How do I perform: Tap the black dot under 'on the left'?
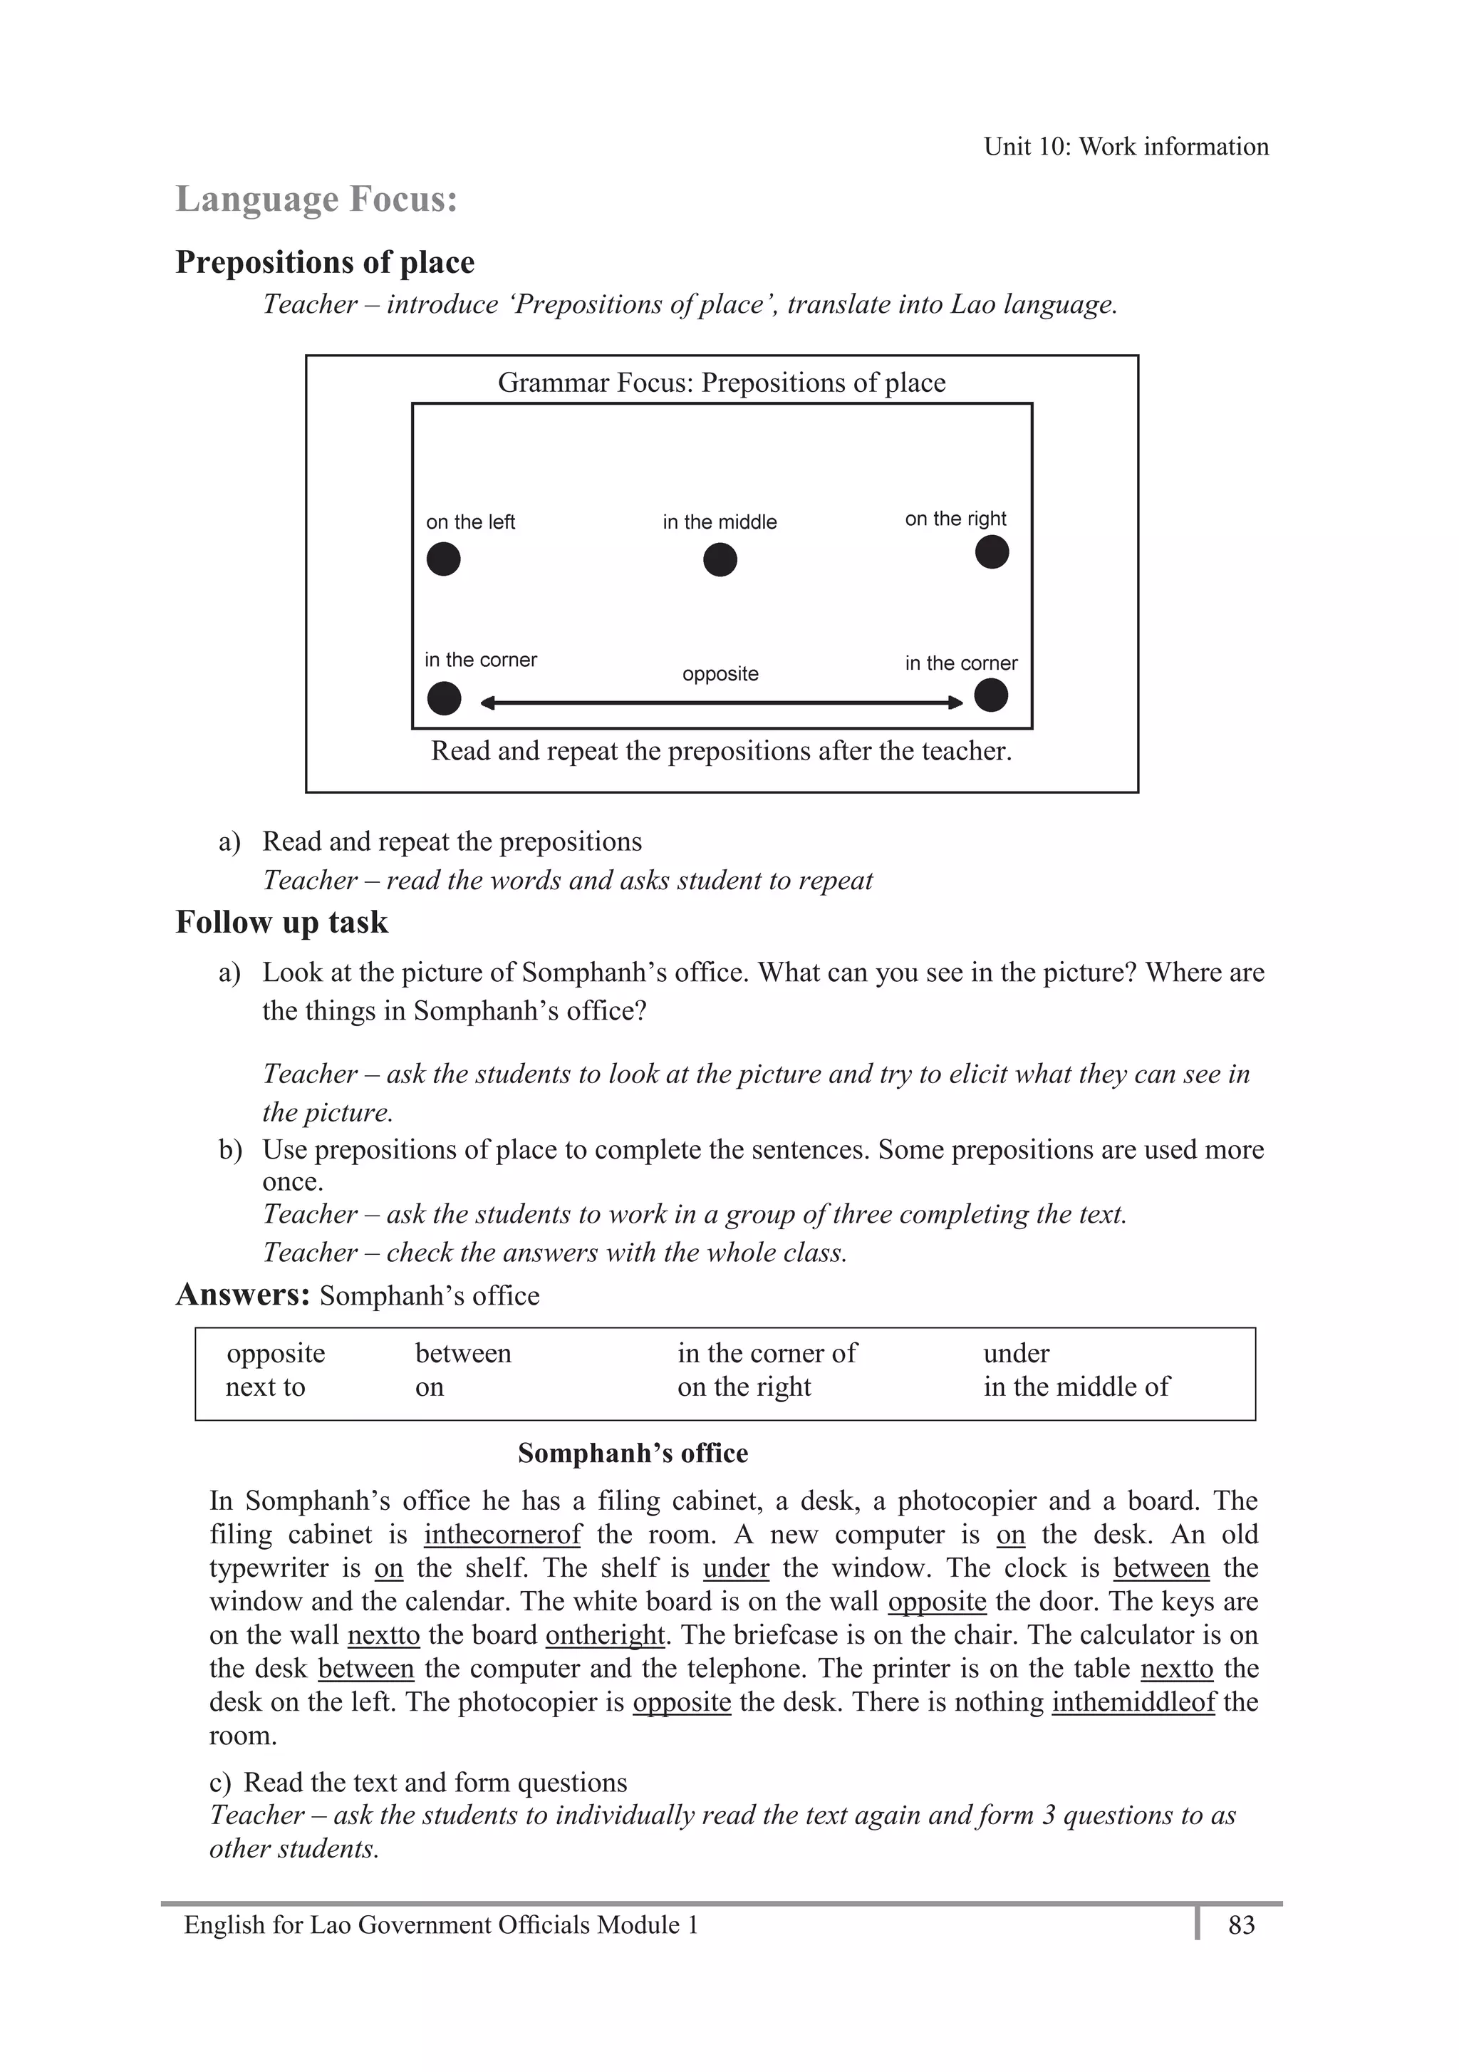pos(443,559)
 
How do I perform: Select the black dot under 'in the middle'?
pos(720,559)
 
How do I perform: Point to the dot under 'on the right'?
pos(992,551)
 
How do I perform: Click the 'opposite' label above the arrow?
pos(720,674)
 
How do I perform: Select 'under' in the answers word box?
pos(1016,1354)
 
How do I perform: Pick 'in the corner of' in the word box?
pos(767,1354)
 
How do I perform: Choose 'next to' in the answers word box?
pos(265,1387)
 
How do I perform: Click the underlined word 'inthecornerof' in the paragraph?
pos(502,1534)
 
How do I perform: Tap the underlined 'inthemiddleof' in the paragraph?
pos(1133,1702)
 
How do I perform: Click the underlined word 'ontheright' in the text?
pos(605,1635)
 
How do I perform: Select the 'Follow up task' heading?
pos(281,922)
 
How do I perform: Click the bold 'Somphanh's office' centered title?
pos(633,1454)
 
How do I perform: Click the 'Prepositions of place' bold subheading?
pos(325,263)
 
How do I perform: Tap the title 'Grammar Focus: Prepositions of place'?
pos(721,383)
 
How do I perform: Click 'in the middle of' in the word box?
pos(1076,1387)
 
